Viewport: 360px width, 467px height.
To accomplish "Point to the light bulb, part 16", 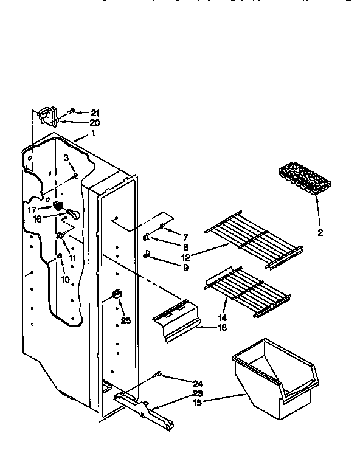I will click(x=72, y=214).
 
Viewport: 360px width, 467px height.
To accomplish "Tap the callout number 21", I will click(x=94, y=113).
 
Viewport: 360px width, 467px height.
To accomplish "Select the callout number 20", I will click(x=94, y=123).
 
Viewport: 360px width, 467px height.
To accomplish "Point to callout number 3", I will click(x=66, y=158).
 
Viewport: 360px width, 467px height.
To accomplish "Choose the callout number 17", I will click(x=32, y=209).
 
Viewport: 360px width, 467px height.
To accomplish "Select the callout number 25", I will click(x=125, y=320).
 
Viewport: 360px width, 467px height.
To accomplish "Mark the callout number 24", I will click(x=197, y=384).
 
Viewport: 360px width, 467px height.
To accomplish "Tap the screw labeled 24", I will click(x=159, y=373).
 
